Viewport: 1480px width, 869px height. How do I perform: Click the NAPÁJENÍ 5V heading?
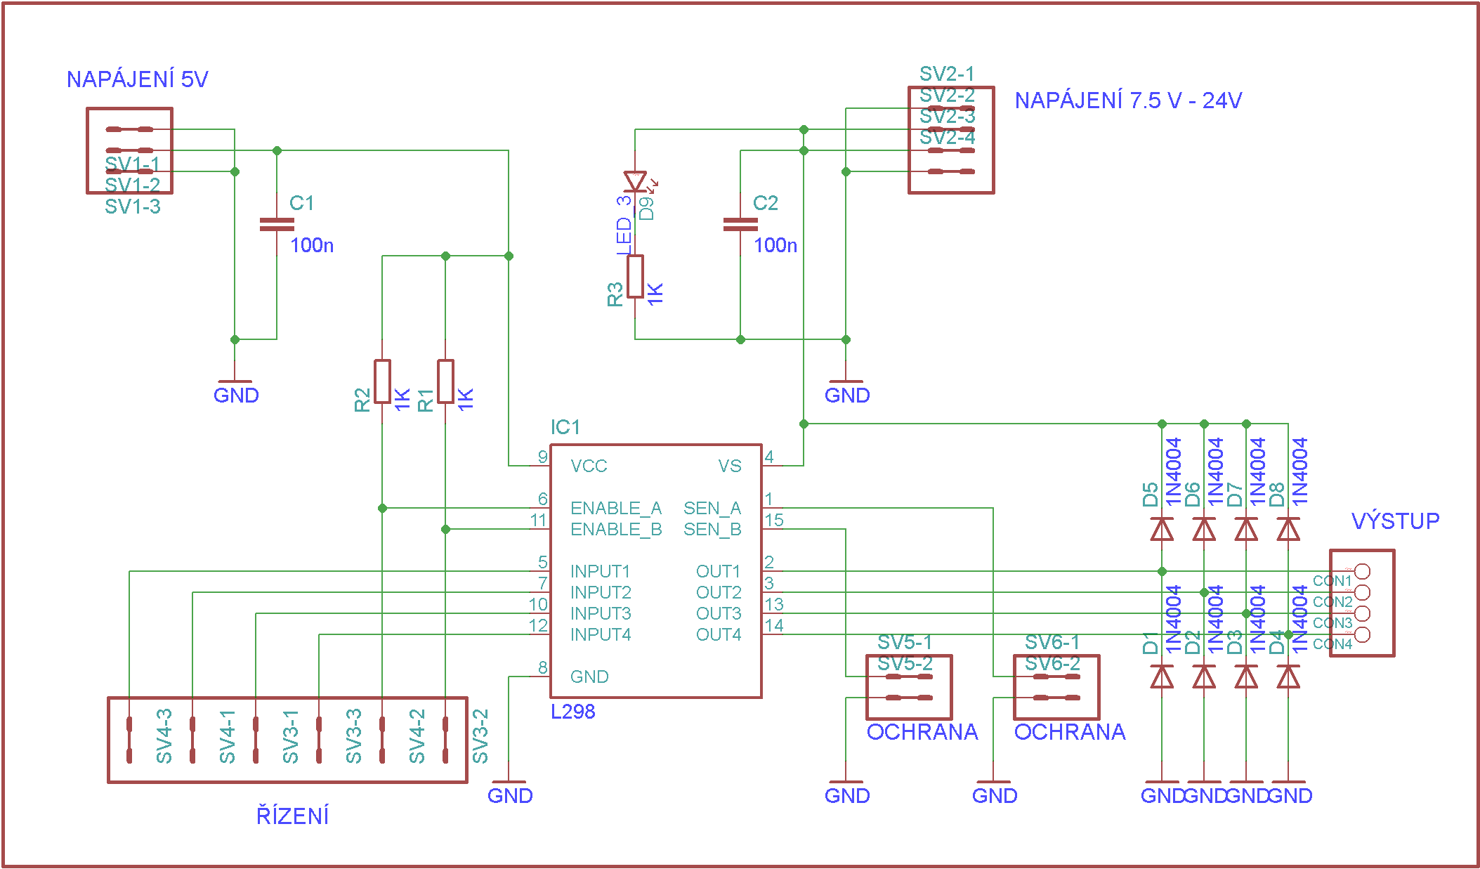click(137, 79)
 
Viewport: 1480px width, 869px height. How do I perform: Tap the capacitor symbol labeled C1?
click(277, 225)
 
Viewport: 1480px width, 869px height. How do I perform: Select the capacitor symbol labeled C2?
click(740, 225)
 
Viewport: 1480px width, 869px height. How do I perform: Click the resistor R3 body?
click(635, 277)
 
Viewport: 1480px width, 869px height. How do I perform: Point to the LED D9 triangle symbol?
click(635, 181)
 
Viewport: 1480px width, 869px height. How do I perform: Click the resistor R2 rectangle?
click(382, 381)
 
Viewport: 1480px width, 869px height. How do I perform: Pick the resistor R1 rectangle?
click(445, 381)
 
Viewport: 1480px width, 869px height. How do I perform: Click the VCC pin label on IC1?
click(589, 466)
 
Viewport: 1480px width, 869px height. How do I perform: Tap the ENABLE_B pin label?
click(616, 530)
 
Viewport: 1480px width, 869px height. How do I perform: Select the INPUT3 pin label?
click(601, 614)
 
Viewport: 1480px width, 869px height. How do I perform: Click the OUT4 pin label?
click(719, 635)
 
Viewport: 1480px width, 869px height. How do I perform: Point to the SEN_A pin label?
click(712, 509)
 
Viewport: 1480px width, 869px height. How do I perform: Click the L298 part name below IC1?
click(572, 712)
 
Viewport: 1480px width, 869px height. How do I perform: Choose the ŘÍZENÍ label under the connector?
click(292, 816)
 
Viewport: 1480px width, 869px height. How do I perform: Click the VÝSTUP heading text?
click(1395, 521)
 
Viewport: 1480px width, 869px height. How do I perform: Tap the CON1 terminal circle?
click(1362, 571)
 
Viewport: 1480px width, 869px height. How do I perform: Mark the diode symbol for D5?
click(1162, 529)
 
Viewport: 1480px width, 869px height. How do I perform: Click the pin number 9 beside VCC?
click(542, 457)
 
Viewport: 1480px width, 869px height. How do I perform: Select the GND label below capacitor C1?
click(236, 396)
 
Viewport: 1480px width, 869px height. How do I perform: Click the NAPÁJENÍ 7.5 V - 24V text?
click(1128, 101)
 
